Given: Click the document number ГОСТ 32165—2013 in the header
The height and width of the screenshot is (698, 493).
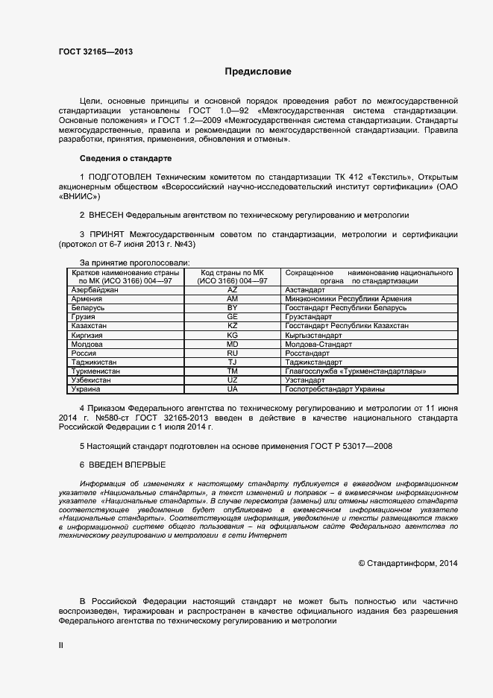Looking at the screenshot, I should pos(95,51).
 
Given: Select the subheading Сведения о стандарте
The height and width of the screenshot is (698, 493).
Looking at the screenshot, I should pos(125,159).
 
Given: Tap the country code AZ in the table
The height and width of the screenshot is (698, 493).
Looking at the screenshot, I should pos(232,289).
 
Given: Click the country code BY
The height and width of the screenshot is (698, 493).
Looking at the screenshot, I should pos(232,307).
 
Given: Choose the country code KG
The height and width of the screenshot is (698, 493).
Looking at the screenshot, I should pos(232,336).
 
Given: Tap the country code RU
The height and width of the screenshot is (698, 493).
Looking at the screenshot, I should pos(232,353).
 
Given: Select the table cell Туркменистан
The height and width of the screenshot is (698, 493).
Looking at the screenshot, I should pos(95,371).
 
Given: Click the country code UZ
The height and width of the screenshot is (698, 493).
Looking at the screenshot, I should pos(232,380).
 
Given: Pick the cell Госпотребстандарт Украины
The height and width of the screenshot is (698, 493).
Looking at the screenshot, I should pos(335,389).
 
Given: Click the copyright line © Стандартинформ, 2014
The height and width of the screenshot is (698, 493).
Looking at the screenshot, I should pos(408,563).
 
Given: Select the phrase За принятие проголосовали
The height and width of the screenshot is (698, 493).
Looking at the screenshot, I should pos(134,262).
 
